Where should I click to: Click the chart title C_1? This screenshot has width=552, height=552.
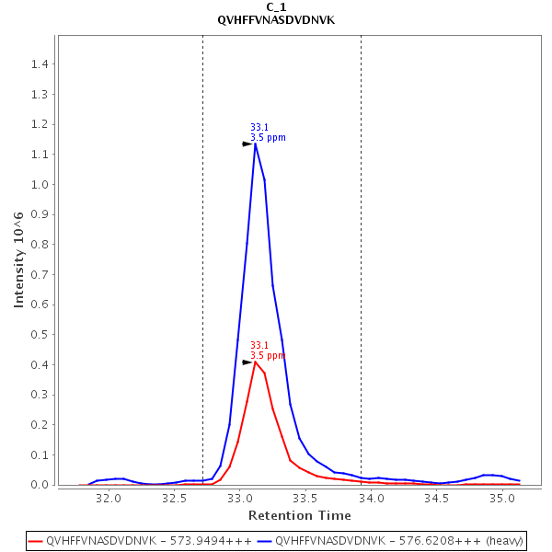click(276, 6)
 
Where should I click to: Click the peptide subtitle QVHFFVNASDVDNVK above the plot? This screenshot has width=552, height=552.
click(276, 19)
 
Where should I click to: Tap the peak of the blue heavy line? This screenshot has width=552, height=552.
click(255, 144)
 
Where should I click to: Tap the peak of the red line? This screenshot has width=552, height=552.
click(255, 362)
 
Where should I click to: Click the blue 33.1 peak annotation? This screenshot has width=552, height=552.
click(259, 128)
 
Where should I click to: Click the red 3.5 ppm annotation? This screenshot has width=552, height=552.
click(268, 355)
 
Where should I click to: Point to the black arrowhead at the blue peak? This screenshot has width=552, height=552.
click(247, 144)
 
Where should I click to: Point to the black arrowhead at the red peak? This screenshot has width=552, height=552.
click(247, 362)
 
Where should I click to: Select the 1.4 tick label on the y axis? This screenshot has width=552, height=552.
click(40, 64)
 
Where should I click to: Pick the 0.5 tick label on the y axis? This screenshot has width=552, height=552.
click(40, 335)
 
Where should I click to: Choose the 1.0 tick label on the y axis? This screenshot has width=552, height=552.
click(40, 185)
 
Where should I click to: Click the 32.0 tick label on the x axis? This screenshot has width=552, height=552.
click(109, 498)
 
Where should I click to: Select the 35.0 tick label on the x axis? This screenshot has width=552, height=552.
click(501, 498)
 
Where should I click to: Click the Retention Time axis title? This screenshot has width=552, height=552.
click(299, 515)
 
